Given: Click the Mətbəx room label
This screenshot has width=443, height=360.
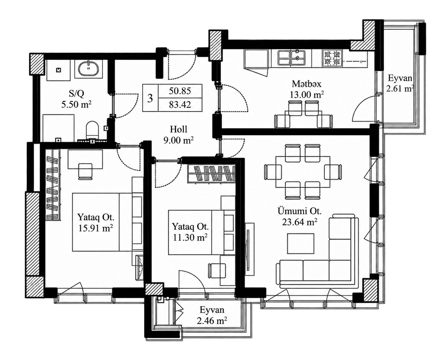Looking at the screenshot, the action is [x=306, y=84].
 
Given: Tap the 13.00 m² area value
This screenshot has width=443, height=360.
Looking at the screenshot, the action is [x=307, y=95].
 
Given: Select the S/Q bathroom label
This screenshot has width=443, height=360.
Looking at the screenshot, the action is [x=76, y=94].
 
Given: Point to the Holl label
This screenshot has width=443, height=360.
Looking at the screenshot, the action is [x=178, y=129].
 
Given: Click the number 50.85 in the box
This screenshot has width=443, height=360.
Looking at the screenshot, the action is [x=180, y=91].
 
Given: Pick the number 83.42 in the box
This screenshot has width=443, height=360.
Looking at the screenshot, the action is [x=180, y=104].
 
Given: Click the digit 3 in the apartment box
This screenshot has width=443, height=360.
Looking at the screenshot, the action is [x=150, y=98].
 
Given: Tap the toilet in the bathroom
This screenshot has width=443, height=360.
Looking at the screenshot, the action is [x=92, y=130].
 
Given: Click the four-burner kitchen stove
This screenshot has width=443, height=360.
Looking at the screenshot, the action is [x=332, y=58].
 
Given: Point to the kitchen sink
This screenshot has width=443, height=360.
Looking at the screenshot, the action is [x=292, y=58].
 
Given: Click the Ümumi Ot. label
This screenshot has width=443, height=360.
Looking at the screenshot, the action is [x=299, y=211].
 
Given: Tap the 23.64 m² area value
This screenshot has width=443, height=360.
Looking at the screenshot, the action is [x=299, y=222].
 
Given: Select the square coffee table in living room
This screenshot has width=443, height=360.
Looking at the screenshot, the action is [x=301, y=244].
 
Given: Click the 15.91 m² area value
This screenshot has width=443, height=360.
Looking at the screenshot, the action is [x=96, y=229].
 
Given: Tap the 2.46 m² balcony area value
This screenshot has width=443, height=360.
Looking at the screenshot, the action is [x=212, y=321].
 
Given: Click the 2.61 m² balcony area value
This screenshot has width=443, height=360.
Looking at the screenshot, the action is [x=400, y=89].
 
